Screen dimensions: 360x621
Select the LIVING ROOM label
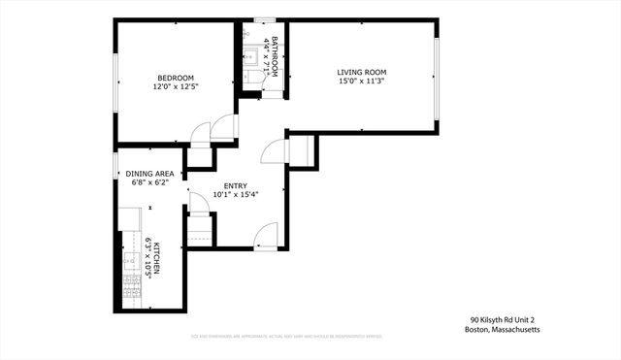pyautogui.click(x=362, y=72)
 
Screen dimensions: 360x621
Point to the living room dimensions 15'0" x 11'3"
pyautogui.click(x=362, y=82)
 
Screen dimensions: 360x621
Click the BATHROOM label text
pyautogui.click(x=276, y=57)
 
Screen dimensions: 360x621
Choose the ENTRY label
pyautogui.click(x=235, y=185)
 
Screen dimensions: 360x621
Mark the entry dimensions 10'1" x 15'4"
pyautogui.click(x=235, y=195)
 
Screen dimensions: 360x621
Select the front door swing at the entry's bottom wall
pyautogui.click(x=263, y=236)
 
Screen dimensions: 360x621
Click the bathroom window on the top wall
pyautogui.click(x=262, y=19)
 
